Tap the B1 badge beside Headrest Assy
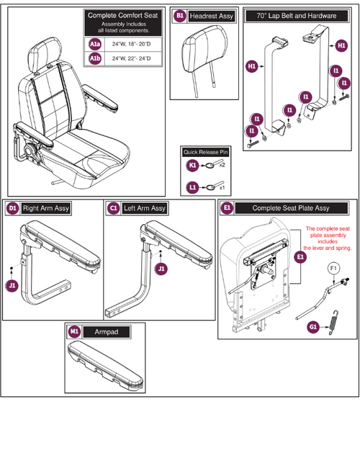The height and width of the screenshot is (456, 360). pyautogui.click(x=180, y=14)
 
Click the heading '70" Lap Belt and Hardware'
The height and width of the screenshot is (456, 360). pyautogui.click(x=292, y=14)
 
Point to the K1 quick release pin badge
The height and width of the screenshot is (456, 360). pyautogui.click(x=193, y=165)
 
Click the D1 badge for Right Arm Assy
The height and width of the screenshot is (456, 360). pyautogui.click(x=12, y=208)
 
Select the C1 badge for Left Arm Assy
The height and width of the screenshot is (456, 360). pyautogui.click(x=113, y=208)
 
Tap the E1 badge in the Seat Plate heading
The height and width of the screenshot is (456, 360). pyautogui.click(x=228, y=208)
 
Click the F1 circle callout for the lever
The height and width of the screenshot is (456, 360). pyautogui.click(x=333, y=268)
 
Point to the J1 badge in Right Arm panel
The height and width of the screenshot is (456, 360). pyautogui.click(x=12, y=285)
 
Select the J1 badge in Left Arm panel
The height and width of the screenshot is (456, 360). pyautogui.click(x=161, y=269)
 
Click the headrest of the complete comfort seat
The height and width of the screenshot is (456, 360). pyautogui.click(x=49, y=51)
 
